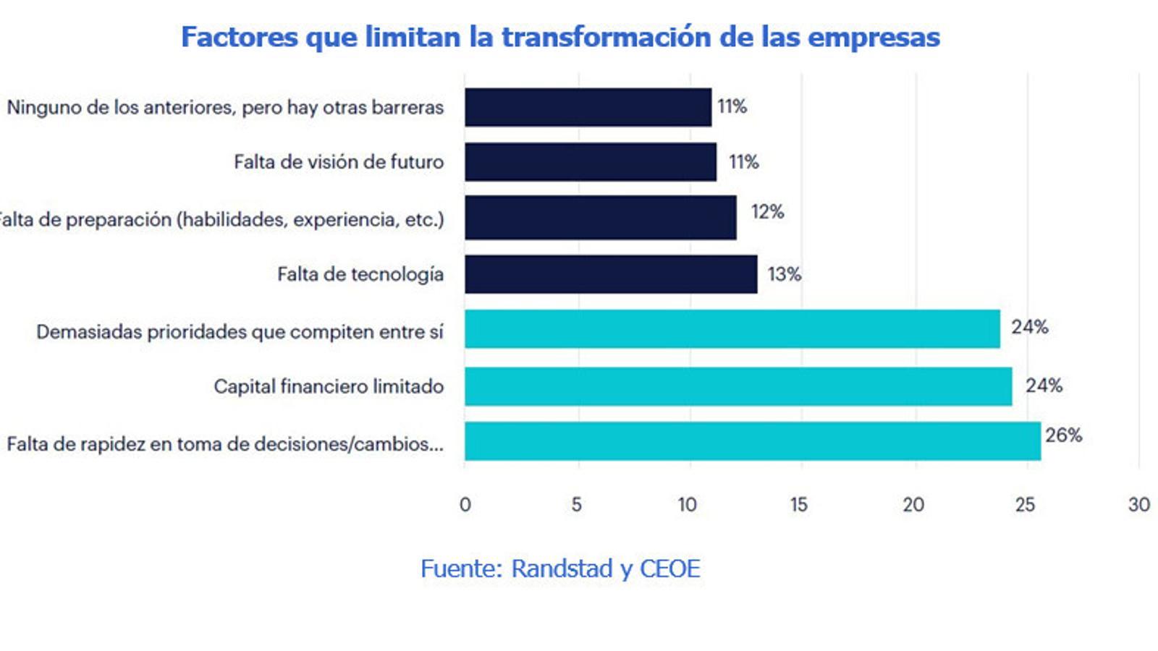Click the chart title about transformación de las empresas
point(560,37)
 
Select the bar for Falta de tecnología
point(611,274)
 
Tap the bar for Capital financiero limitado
point(738,386)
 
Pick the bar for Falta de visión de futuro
point(591,162)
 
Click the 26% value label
point(1063,435)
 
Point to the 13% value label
point(785,275)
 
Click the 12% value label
point(767,212)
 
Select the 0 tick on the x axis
point(465,505)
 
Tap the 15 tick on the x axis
point(798,505)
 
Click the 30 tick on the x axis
point(1138,505)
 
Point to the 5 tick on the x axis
point(576,505)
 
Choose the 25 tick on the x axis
point(1024,505)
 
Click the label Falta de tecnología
point(360,275)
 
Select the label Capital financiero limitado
point(329,387)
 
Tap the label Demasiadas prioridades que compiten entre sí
point(240,332)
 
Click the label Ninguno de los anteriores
point(225,108)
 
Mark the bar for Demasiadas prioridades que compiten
point(732,329)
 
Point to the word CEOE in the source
point(669,569)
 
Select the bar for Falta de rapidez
point(753,441)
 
